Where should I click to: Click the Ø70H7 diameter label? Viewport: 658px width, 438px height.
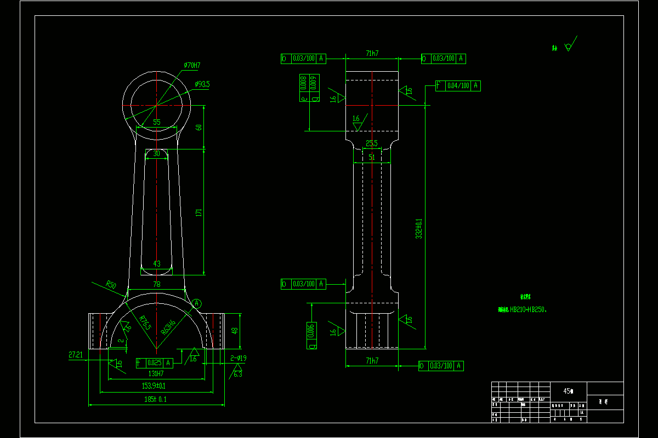point(192,66)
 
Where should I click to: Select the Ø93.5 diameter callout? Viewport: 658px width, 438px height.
point(202,84)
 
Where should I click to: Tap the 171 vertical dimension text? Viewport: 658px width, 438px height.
point(199,212)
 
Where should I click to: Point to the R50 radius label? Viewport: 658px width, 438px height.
point(111,285)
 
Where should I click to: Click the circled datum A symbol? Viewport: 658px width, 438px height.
point(197,303)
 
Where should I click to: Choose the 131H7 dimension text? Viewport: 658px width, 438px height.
point(156,374)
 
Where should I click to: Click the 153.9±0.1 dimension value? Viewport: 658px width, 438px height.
point(154,386)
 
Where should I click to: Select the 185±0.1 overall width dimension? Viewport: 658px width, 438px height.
point(155,400)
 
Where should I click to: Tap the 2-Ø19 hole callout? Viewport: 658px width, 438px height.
point(238,359)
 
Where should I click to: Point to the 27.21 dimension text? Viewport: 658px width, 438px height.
point(76,355)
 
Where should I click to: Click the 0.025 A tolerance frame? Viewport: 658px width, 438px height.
point(154,362)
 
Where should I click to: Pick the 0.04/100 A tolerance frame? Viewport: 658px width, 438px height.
point(458,85)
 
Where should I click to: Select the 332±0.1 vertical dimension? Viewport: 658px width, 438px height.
point(419,229)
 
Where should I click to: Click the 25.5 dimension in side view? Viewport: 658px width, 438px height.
point(372,144)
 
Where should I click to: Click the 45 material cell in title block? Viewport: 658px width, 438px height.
point(568,391)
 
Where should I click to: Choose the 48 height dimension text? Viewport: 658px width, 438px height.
point(235,331)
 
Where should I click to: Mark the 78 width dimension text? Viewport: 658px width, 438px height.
point(156,284)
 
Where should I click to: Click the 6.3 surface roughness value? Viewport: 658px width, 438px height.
point(237,374)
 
